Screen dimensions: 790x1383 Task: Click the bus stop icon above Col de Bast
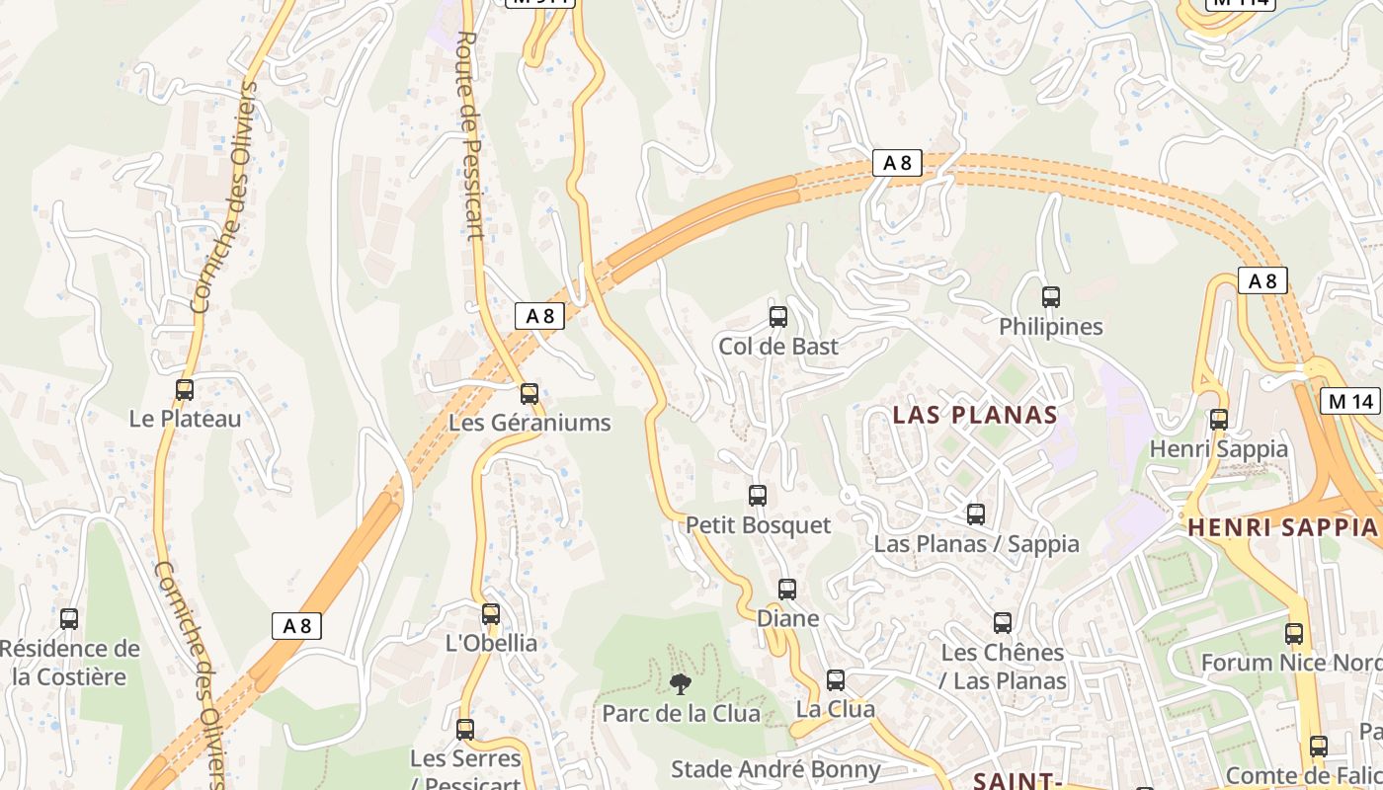click(x=778, y=317)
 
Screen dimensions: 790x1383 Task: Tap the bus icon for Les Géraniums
click(x=529, y=394)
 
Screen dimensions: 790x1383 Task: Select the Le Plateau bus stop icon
click(x=185, y=390)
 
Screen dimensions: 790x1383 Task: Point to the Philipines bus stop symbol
click(x=1051, y=297)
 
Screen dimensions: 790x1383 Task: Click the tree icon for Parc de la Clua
click(x=681, y=683)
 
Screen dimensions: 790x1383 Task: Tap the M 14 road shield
click(x=1350, y=401)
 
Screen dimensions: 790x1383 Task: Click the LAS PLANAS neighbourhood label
click(x=975, y=415)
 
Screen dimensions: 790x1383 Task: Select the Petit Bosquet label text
click(x=759, y=524)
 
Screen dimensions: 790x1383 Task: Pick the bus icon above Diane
click(x=787, y=590)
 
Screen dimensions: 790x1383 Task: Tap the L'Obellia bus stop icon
click(x=491, y=614)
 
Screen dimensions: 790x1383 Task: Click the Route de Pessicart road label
click(x=470, y=135)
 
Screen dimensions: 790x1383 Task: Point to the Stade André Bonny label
click(x=775, y=769)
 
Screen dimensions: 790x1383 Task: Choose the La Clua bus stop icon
click(x=836, y=680)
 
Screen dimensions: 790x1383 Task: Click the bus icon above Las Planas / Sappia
click(x=976, y=514)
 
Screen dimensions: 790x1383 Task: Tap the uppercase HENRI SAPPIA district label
click(x=1282, y=527)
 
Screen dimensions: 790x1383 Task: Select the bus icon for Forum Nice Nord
click(x=1294, y=634)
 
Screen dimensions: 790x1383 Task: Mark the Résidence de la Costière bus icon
click(x=69, y=619)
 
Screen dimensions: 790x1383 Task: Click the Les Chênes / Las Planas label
click(x=1003, y=667)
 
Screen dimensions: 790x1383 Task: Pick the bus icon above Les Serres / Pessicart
click(x=465, y=730)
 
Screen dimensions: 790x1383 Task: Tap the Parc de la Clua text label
click(x=682, y=713)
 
